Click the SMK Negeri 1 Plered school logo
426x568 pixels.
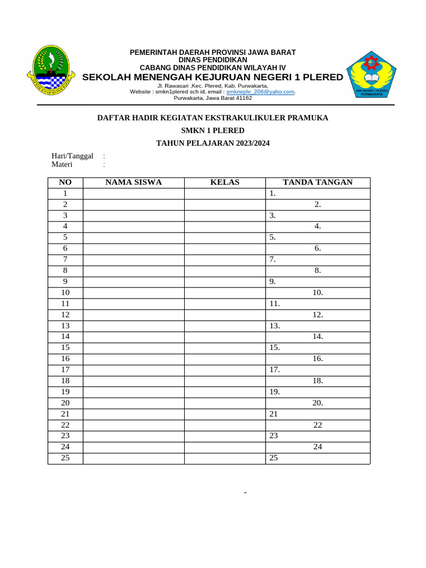coord(371,73)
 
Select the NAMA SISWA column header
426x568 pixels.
coord(133,182)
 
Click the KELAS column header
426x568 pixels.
coord(225,182)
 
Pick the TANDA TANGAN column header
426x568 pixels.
coord(317,182)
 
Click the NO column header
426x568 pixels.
coord(65,182)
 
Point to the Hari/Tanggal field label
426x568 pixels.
coord(72,156)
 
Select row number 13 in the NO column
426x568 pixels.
coord(65,326)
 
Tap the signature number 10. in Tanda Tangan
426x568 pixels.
coord(317,292)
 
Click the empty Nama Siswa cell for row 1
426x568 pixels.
coord(133,194)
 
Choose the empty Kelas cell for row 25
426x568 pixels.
coord(225,458)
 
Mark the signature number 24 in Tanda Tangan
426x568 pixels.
coord(317,447)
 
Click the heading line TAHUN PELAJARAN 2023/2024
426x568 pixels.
coord(212,143)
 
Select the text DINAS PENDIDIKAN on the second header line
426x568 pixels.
coord(212,59)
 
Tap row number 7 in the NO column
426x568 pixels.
coord(65,259)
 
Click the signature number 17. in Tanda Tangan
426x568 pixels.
coord(275,370)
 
